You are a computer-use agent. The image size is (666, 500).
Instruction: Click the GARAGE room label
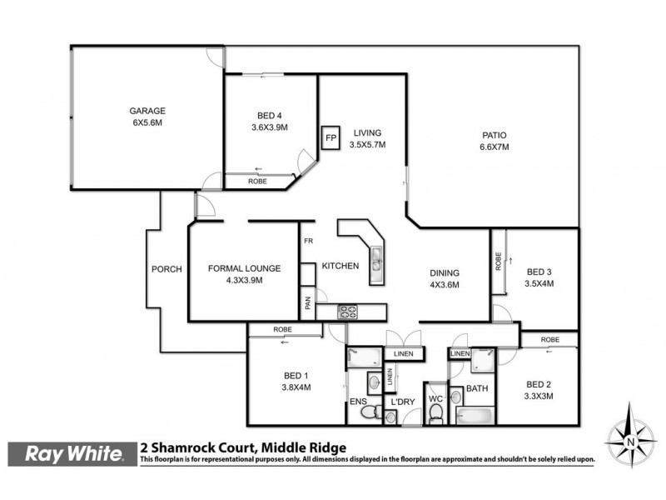point(147,111)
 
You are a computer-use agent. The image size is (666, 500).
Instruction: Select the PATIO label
point(494,135)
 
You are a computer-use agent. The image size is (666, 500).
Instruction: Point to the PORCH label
point(166,269)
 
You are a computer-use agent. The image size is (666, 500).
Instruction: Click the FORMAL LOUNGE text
point(244,268)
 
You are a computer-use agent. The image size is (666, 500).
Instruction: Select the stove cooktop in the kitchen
point(348,312)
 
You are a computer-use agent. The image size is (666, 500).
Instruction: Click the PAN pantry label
point(307,304)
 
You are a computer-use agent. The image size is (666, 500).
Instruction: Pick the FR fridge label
point(307,242)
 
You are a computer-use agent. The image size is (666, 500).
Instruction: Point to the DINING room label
point(444,272)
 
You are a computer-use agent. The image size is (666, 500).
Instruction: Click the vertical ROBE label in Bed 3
point(498,263)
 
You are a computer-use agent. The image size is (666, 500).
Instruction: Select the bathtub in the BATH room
point(475,414)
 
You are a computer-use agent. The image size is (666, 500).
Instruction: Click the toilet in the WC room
point(435,412)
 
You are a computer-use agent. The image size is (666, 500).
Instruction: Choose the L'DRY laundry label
point(402,402)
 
